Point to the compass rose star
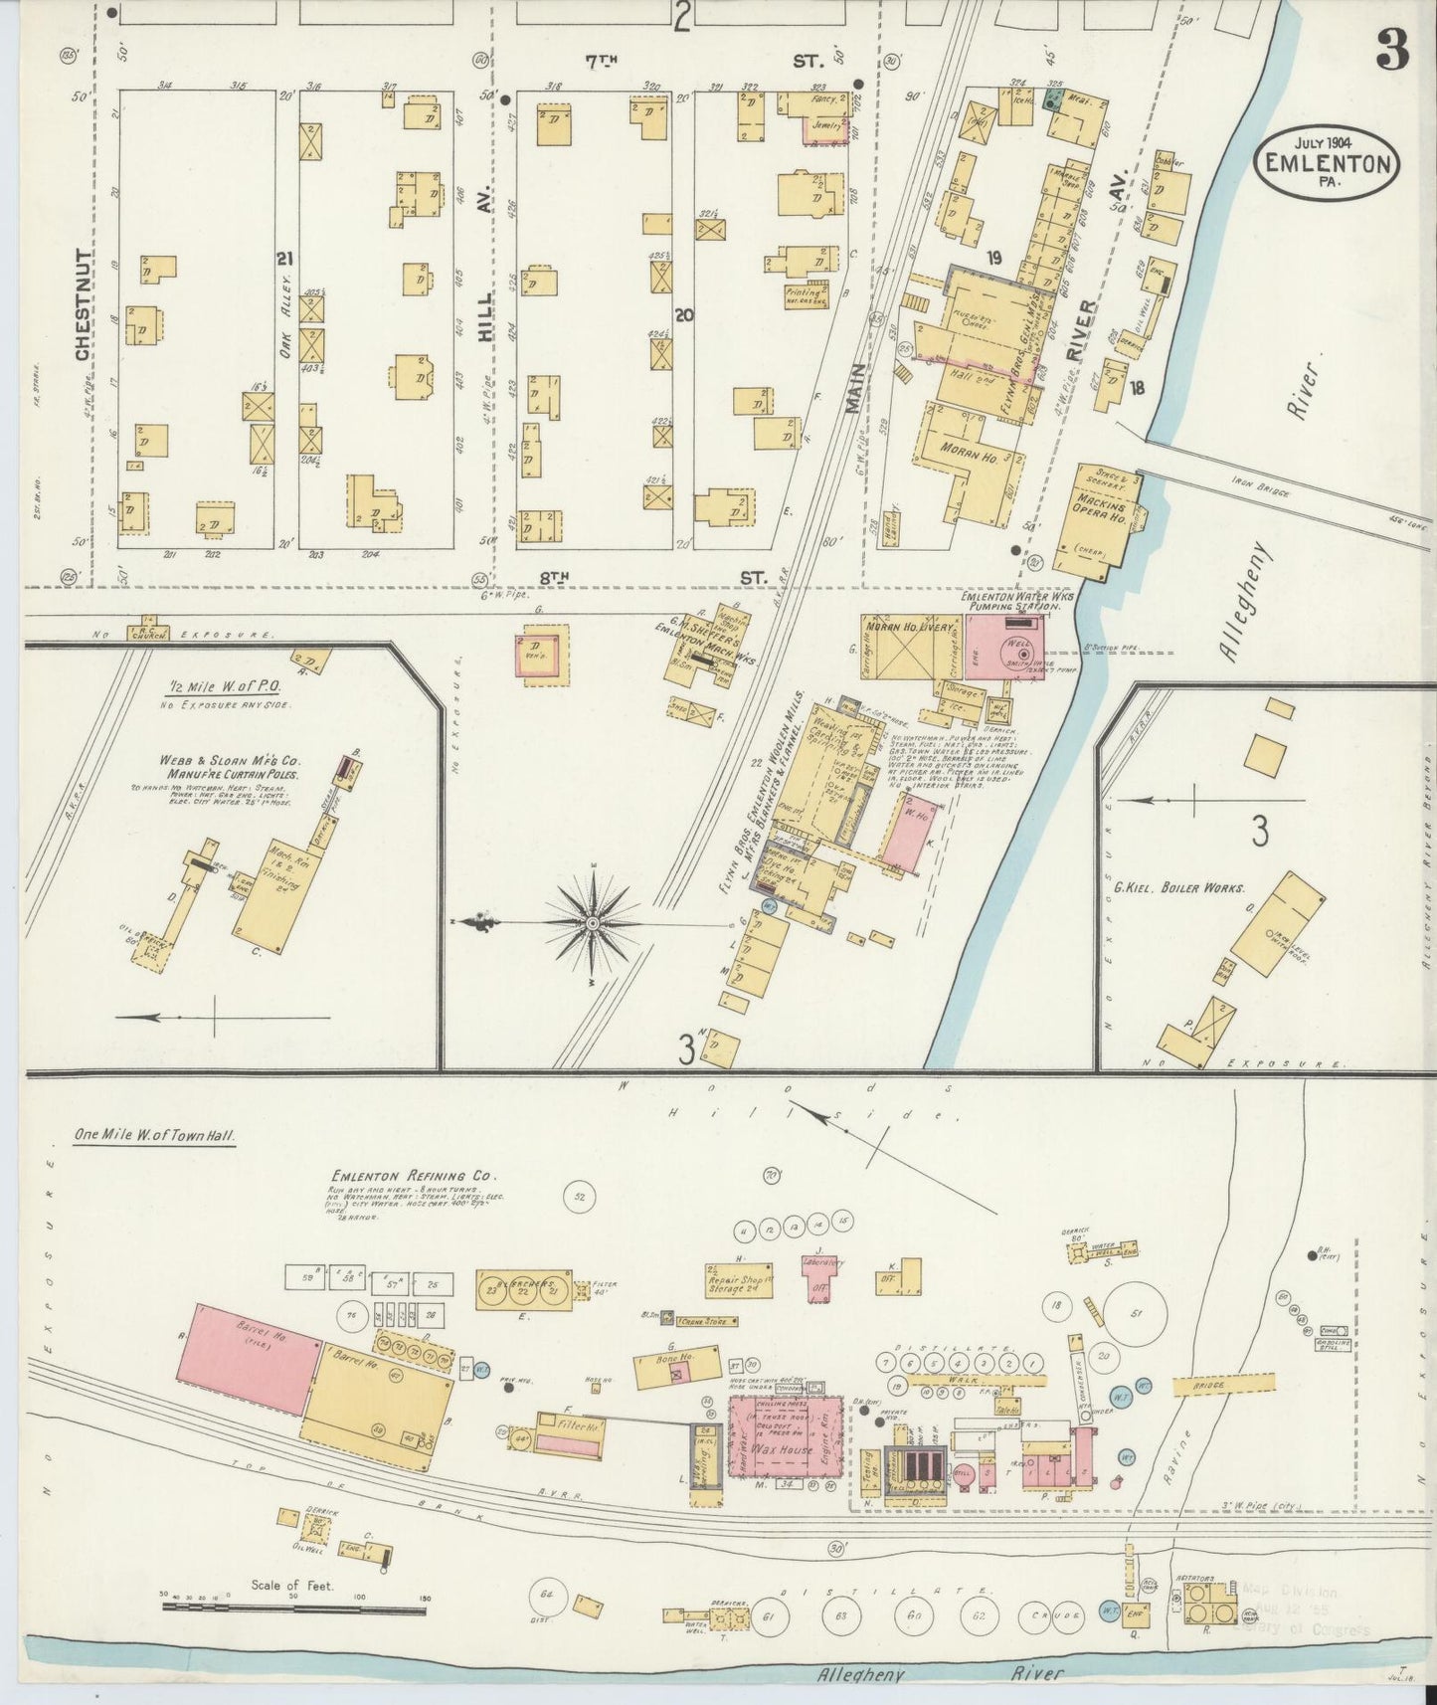coord(594,923)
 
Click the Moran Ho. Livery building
coord(908,648)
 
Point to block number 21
coord(286,260)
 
